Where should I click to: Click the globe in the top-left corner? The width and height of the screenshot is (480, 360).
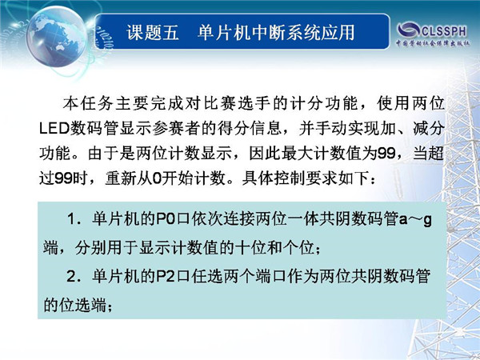(56, 37)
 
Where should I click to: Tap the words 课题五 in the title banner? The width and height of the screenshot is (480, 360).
(153, 33)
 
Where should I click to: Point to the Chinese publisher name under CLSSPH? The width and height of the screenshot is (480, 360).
(433, 43)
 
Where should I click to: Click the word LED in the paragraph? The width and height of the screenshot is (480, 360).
(54, 128)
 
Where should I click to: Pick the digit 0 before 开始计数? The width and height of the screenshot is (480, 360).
(157, 178)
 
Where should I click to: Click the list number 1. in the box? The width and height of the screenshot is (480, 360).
(74, 219)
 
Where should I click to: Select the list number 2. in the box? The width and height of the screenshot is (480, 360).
(74, 277)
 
